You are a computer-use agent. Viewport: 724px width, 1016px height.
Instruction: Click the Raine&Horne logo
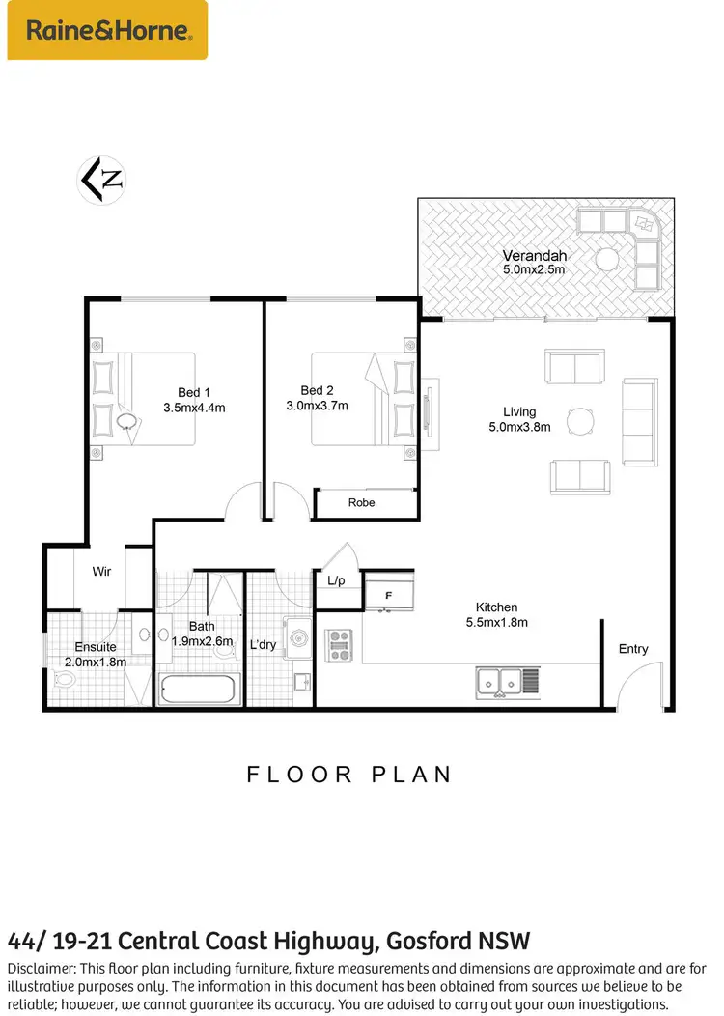pos(107,30)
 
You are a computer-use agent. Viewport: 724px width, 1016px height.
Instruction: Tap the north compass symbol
pos(102,179)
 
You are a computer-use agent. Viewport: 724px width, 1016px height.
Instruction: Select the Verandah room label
pos(534,256)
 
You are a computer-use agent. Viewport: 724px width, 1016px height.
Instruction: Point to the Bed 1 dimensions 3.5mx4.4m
pos(194,408)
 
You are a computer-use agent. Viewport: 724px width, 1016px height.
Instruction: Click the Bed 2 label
pos(317,390)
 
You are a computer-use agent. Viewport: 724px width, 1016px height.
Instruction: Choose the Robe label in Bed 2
pos(361,503)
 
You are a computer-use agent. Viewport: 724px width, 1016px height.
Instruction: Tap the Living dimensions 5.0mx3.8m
pos(519,426)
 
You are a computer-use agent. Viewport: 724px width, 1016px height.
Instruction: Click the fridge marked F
pos(389,594)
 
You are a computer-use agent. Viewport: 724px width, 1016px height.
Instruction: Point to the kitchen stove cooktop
pos(339,645)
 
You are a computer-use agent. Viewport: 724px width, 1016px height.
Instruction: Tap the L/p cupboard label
pos(336,580)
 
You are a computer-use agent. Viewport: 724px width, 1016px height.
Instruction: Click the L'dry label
pos(263,644)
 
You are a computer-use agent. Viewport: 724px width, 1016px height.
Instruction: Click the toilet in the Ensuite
pos(64,680)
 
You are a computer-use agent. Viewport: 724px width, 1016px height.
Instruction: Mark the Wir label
pos(101,572)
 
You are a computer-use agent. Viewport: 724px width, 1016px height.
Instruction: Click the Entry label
pos(633,649)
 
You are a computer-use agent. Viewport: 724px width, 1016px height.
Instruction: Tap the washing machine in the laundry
pos(297,638)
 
